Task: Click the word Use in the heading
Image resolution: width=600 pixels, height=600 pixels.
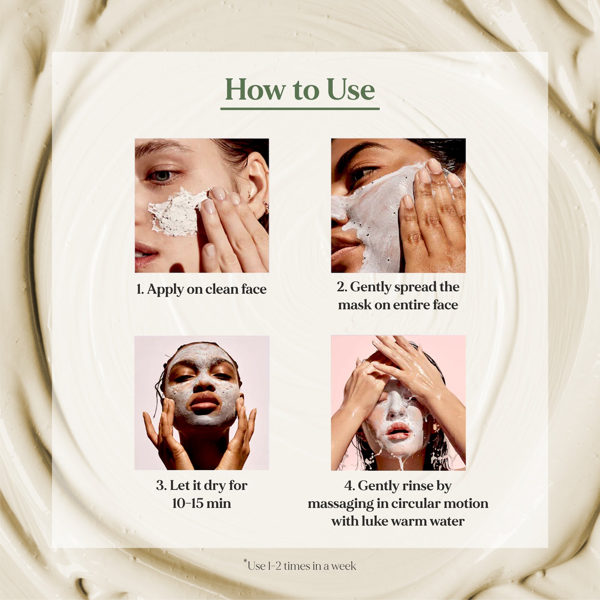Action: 351,90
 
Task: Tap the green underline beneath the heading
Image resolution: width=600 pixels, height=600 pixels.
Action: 300,109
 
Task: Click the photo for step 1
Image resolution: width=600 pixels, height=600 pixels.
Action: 202,205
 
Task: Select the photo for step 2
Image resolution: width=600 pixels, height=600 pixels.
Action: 398,205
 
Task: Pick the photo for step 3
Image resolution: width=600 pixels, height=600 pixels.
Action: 202,403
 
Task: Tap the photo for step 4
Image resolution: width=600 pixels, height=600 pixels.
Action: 398,403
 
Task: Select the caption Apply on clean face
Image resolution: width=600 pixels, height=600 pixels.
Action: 202,289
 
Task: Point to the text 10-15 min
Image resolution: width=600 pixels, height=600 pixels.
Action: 202,503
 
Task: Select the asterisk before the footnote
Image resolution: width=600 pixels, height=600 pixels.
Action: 245,561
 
